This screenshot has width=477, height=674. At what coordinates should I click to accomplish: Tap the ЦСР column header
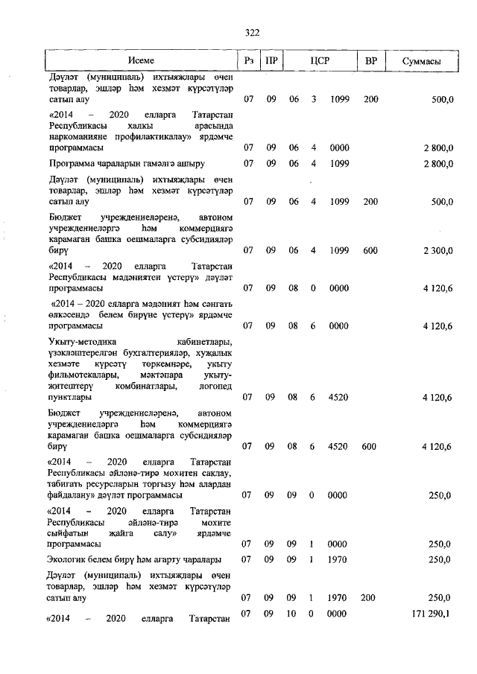coord(320,60)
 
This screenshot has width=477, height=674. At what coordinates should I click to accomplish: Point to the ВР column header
coord(370,60)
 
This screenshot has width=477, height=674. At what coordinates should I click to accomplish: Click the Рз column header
coord(248,60)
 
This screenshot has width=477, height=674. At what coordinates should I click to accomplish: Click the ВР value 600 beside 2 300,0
coord(370,251)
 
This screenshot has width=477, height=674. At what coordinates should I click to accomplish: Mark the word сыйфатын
coord(68,534)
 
